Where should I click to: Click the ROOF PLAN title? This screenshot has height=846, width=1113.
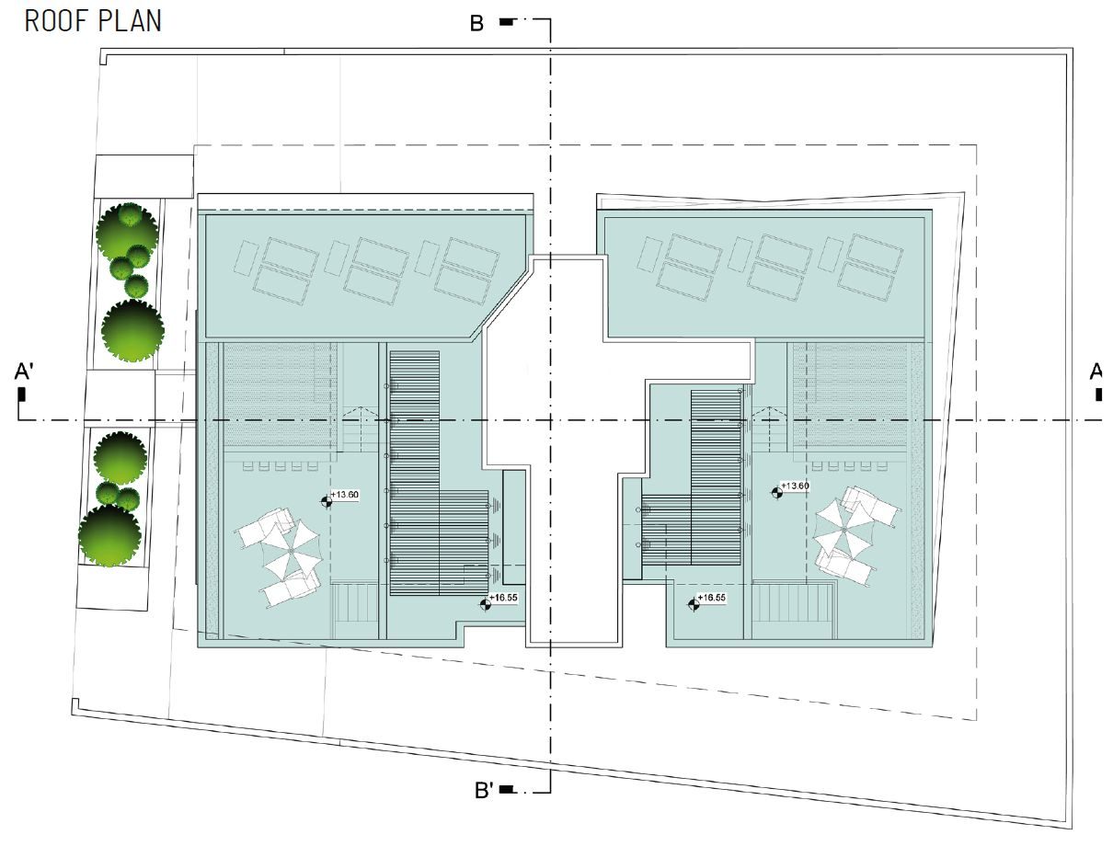click(93, 21)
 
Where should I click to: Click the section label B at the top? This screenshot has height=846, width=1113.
click(476, 23)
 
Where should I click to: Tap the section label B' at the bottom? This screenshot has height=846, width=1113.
click(484, 790)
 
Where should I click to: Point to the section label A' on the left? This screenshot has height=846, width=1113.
click(24, 372)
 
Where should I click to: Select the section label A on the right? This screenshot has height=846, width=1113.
click(1096, 372)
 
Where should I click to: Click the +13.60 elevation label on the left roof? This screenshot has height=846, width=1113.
click(345, 495)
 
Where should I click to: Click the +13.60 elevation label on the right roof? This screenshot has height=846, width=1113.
click(795, 486)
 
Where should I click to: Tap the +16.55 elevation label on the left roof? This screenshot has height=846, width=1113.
click(503, 598)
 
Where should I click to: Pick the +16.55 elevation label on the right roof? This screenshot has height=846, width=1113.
click(711, 598)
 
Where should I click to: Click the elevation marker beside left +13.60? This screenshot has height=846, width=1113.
click(327, 502)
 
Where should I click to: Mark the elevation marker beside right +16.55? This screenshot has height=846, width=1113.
click(694, 605)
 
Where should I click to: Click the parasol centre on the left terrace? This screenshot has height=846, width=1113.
click(291, 551)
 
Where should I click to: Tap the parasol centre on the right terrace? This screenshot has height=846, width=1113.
click(843, 530)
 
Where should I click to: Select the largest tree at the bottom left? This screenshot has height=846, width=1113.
click(109, 535)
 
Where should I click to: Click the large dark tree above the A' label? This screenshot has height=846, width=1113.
click(132, 330)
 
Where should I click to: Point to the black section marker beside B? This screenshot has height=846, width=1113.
click(506, 22)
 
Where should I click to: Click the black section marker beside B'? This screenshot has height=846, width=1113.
click(507, 789)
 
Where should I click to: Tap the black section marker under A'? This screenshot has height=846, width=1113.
click(22, 394)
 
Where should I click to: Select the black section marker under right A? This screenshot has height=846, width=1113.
click(1099, 394)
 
